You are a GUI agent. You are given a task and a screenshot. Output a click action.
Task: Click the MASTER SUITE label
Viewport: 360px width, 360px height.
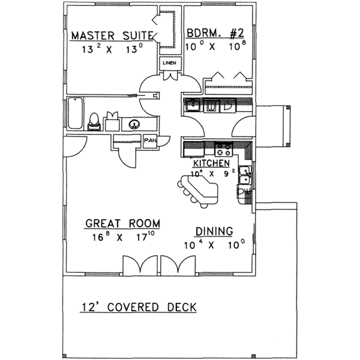click(112, 36)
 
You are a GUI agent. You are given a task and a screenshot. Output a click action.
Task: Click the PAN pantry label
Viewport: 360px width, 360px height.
click(149, 142)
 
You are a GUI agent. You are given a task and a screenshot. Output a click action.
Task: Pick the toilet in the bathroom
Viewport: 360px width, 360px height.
click(94, 121)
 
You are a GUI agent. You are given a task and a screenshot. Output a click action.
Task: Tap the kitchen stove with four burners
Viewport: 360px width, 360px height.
click(223, 150)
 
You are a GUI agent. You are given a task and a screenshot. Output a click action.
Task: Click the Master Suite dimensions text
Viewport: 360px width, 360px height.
click(112, 50)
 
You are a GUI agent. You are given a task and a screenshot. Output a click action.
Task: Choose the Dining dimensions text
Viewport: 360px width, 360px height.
click(214, 245)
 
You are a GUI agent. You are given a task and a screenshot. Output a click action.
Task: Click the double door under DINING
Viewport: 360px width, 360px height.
click(178, 265)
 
